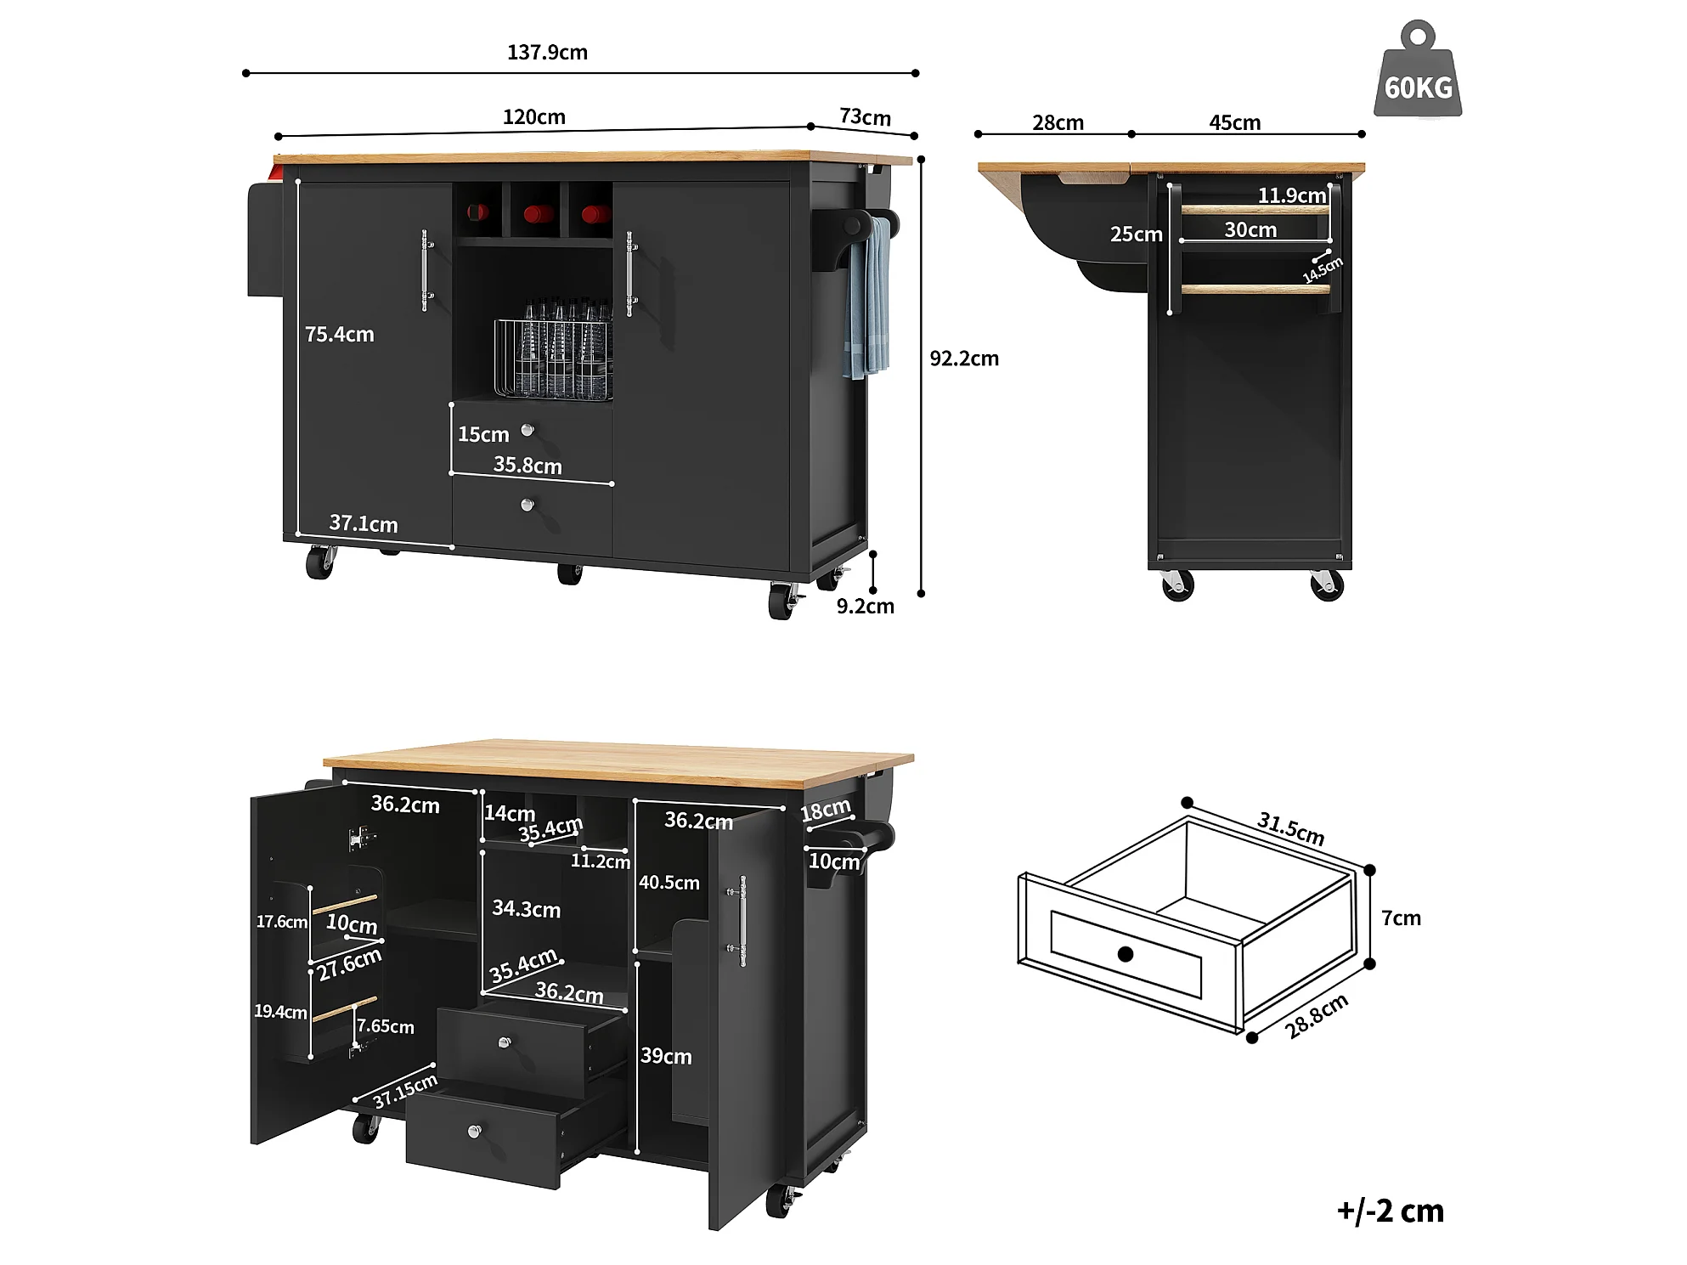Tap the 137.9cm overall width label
pyautogui.click(x=547, y=53)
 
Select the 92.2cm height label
pyautogui.click(x=964, y=359)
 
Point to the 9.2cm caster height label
pyautogui.click(x=865, y=606)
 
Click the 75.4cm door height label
pyautogui.click(x=339, y=335)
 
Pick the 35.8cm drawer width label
pyautogui.click(x=528, y=466)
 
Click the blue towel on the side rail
pyautogui.click(x=867, y=297)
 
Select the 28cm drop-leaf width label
pyautogui.click(x=1058, y=123)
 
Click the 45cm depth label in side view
pyautogui.click(x=1234, y=123)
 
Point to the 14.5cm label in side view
pyautogui.click(x=1323, y=269)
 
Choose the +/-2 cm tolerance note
pyautogui.click(x=1390, y=1211)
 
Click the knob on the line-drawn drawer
pyautogui.click(x=1126, y=954)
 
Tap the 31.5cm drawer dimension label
pyautogui.click(x=1290, y=828)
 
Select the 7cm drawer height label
pyautogui.click(x=1401, y=918)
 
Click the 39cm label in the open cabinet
pyautogui.click(x=666, y=1056)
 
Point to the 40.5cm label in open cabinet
pyautogui.click(x=669, y=883)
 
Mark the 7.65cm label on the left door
pyautogui.click(x=386, y=1026)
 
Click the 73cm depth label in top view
pyautogui.click(x=865, y=117)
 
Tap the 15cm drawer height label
pyautogui.click(x=483, y=435)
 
